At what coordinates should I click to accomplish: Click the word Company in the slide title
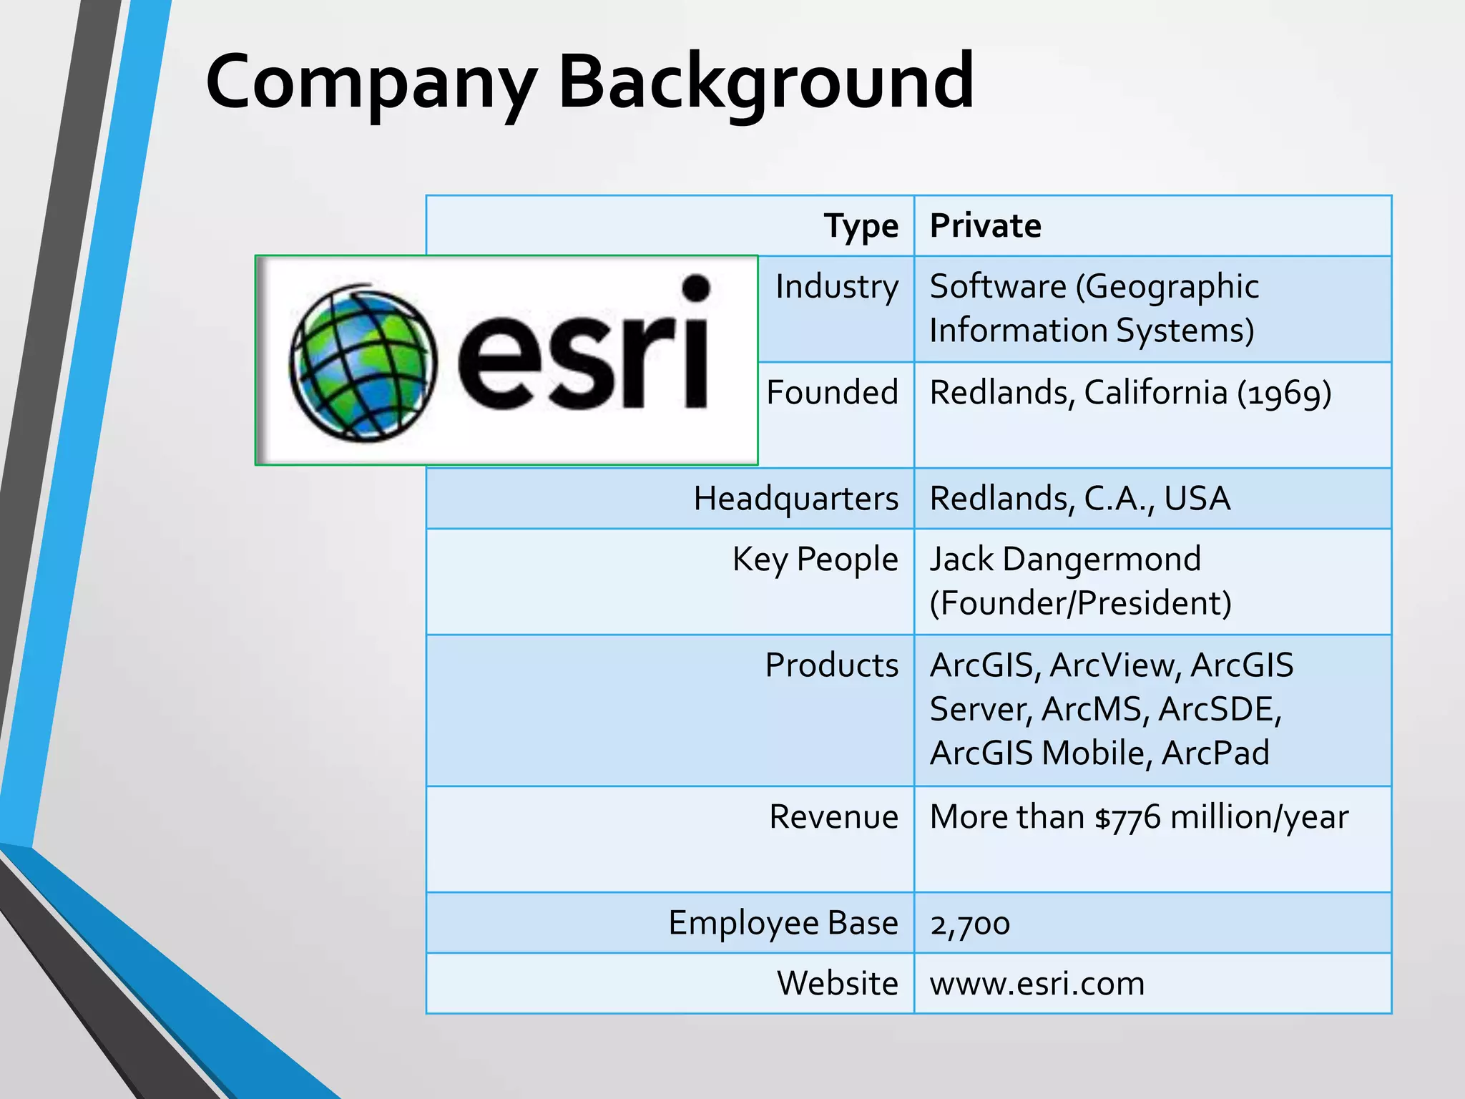[371, 82]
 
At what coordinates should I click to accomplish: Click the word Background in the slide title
[765, 82]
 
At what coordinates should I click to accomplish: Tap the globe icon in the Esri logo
[363, 363]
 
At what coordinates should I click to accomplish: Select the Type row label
[861, 226]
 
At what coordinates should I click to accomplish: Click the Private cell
[985, 226]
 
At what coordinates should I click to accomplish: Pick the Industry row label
[836, 287]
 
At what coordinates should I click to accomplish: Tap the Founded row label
[832, 393]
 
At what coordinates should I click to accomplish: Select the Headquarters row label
[795, 499]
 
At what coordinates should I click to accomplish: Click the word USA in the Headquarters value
[1197, 499]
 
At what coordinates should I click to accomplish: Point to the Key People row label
[815, 560]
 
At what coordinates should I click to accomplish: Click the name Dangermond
[1102, 560]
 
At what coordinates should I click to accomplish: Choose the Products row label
[831, 665]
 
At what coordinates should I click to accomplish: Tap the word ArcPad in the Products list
[1215, 753]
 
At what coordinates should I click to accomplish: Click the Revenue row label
[833, 817]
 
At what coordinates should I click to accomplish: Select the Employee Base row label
[783, 923]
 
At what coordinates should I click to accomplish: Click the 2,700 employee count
[969, 924]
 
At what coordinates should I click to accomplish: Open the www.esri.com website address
[1037, 984]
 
